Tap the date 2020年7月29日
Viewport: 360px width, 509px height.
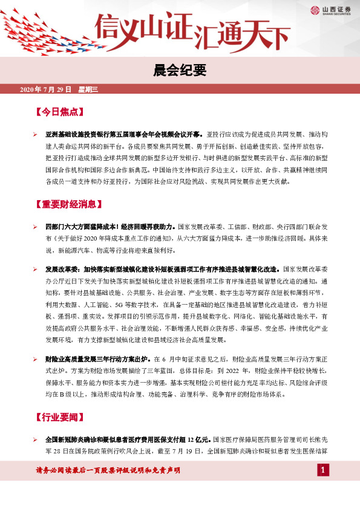(46, 89)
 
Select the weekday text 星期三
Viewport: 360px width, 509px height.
(89, 89)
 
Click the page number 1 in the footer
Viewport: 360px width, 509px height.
(324, 470)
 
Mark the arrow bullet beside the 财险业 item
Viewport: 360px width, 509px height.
(35, 359)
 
